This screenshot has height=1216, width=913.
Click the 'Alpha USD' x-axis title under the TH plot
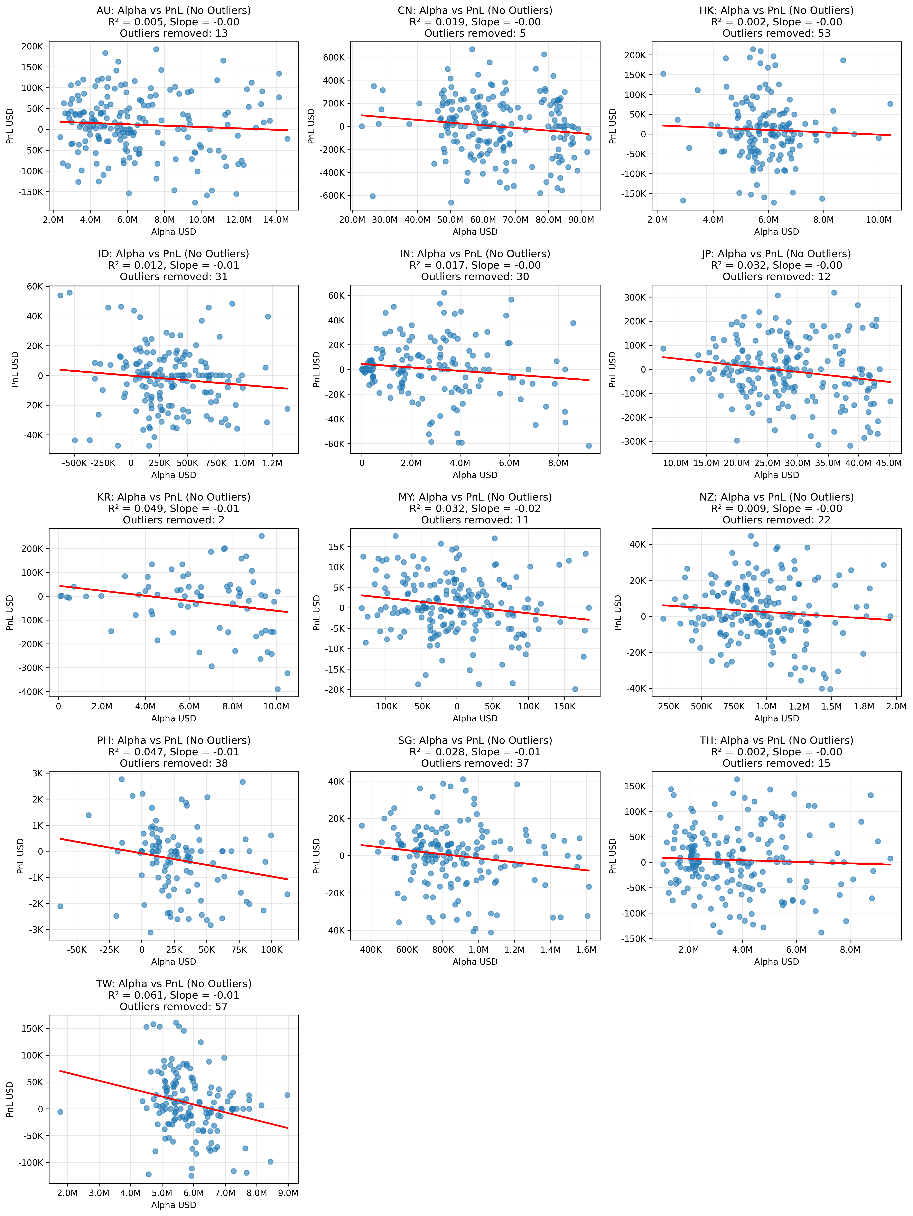(x=776, y=961)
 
